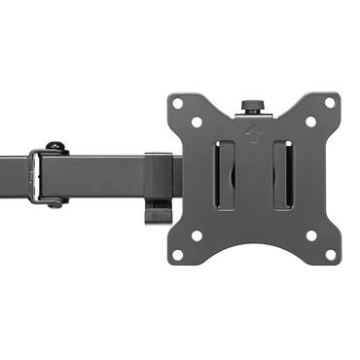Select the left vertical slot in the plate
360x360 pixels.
(225, 175)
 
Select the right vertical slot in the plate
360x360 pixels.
(282, 175)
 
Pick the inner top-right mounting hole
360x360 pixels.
(310, 122)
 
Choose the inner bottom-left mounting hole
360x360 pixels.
(196, 235)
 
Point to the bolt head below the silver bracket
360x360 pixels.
(56, 202)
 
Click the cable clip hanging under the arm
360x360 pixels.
(157, 210)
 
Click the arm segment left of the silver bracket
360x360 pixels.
(15, 175)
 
